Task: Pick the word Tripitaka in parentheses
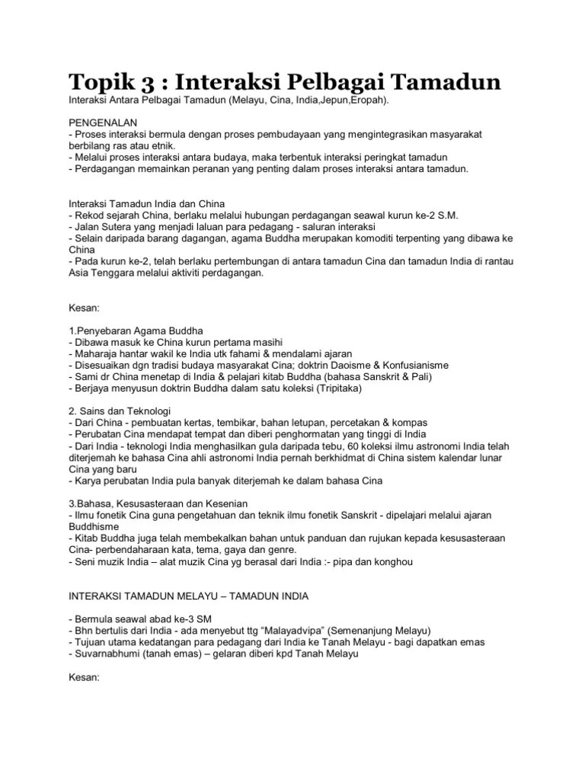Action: [356, 388]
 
